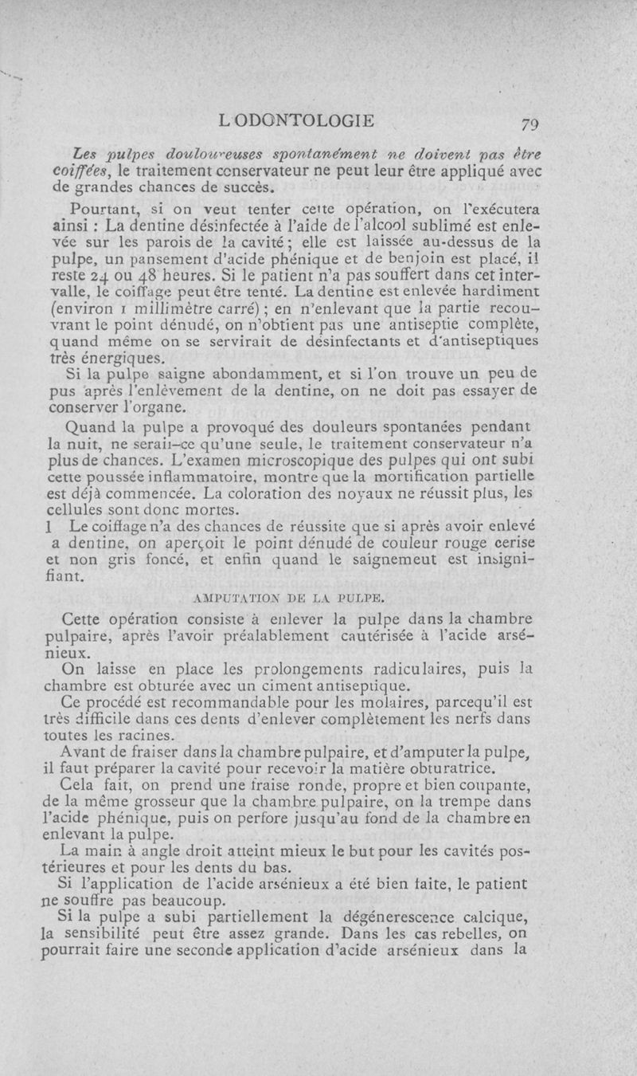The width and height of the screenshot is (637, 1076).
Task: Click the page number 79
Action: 530,124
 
